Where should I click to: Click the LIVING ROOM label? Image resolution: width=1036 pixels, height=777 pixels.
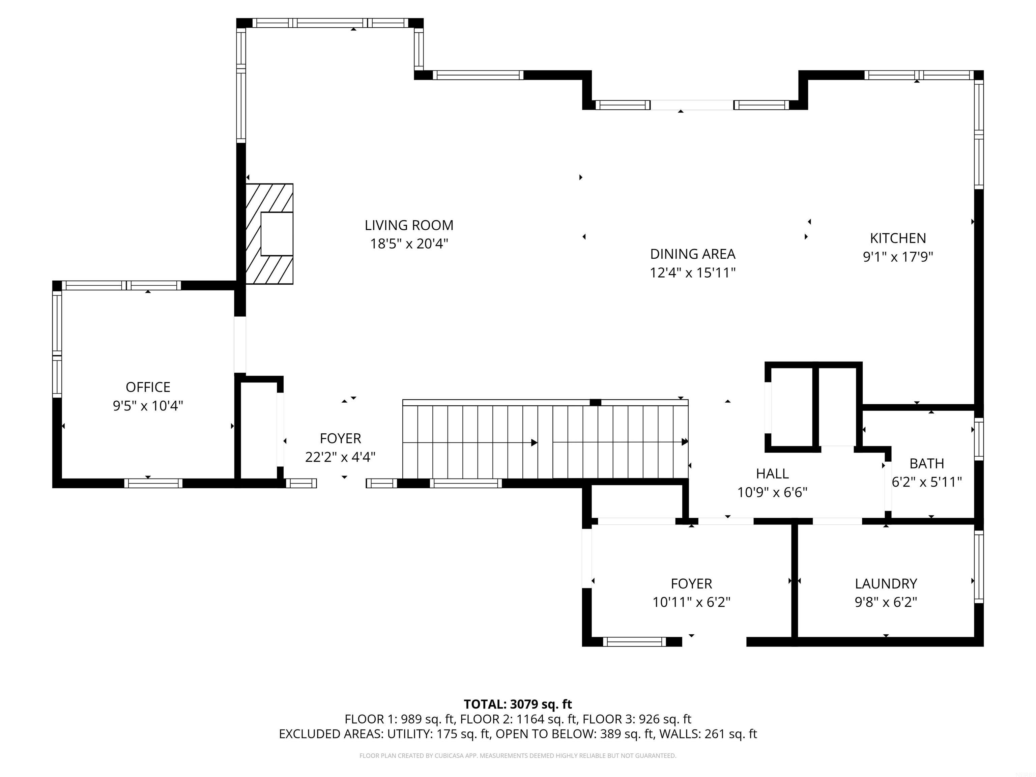[x=409, y=225]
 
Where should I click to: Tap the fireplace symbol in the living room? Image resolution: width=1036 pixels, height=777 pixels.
[x=270, y=234]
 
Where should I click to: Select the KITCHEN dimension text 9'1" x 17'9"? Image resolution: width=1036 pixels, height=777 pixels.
[x=898, y=257]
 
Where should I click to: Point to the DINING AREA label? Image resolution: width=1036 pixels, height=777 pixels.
[x=692, y=254]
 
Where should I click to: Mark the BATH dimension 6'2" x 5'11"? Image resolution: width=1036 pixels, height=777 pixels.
[x=926, y=482]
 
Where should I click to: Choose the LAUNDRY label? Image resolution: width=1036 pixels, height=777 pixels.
[x=886, y=583]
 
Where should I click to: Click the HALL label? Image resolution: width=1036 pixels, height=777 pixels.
[x=772, y=473]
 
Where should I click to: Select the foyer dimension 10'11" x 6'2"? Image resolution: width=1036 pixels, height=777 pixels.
[x=691, y=602]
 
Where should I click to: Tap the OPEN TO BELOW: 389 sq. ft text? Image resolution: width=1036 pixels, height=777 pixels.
[x=574, y=734]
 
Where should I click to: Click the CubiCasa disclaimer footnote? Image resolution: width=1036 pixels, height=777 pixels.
[x=518, y=755]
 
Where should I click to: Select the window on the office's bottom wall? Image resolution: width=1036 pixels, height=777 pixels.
[x=153, y=483]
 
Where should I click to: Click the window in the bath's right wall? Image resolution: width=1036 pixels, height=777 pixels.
[x=978, y=439]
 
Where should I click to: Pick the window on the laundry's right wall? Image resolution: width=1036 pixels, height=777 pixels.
[x=978, y=566]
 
